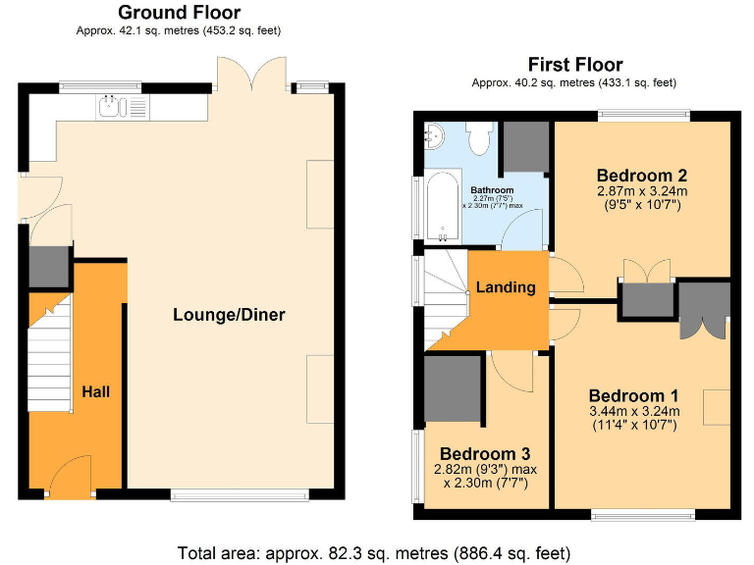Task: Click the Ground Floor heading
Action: [x=179, y=13]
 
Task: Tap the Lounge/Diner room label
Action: [x=229, y=315]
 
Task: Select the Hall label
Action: [x=95, y=391]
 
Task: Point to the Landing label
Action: [x=506, y=287]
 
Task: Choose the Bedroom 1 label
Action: [x=634, y=394]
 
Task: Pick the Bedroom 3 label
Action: [x=485, y=454]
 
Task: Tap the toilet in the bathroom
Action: [x=479, y=138]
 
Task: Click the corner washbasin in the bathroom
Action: [x=433, y=134]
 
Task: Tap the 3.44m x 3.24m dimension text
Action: [x=634, y=411]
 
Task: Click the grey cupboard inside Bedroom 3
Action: [x=453, y=388]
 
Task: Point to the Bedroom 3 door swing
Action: [x=509, y=370]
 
